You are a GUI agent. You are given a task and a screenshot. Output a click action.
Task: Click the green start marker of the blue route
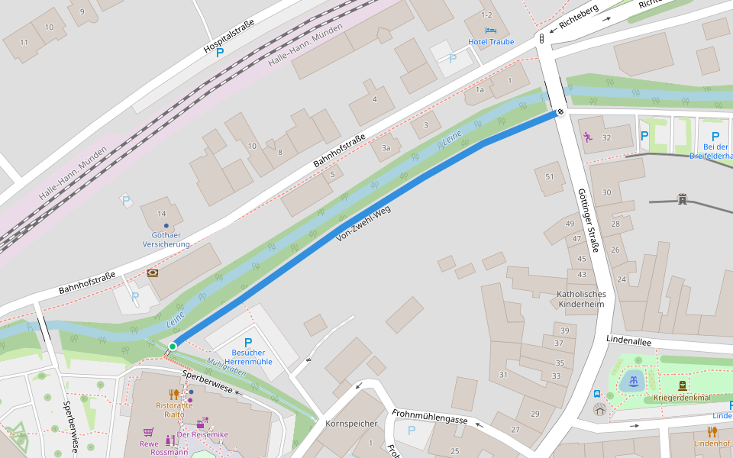[173, 347]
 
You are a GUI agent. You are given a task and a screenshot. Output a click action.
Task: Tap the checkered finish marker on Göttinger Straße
[560, 113]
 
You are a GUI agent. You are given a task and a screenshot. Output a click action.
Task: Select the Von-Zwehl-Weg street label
[363, 224]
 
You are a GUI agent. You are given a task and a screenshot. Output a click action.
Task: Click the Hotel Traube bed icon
[490, 30]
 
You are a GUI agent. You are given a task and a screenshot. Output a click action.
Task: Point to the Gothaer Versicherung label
[166, 240]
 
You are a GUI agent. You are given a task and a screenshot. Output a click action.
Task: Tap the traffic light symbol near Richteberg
[541, 38]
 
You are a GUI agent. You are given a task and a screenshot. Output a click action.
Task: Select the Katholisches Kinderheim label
[581, 298]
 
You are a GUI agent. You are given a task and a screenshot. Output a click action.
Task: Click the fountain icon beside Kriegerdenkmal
[633, 382]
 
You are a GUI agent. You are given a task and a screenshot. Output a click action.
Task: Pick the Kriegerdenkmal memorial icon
[682, 385]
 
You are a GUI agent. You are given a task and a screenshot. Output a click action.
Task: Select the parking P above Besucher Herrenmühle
[247, 343]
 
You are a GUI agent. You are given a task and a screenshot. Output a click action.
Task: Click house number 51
[550, 176]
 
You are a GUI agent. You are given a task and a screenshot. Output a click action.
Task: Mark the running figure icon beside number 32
[587, 137]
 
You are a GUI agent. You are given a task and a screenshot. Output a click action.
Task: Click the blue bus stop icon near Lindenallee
[597, 394]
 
